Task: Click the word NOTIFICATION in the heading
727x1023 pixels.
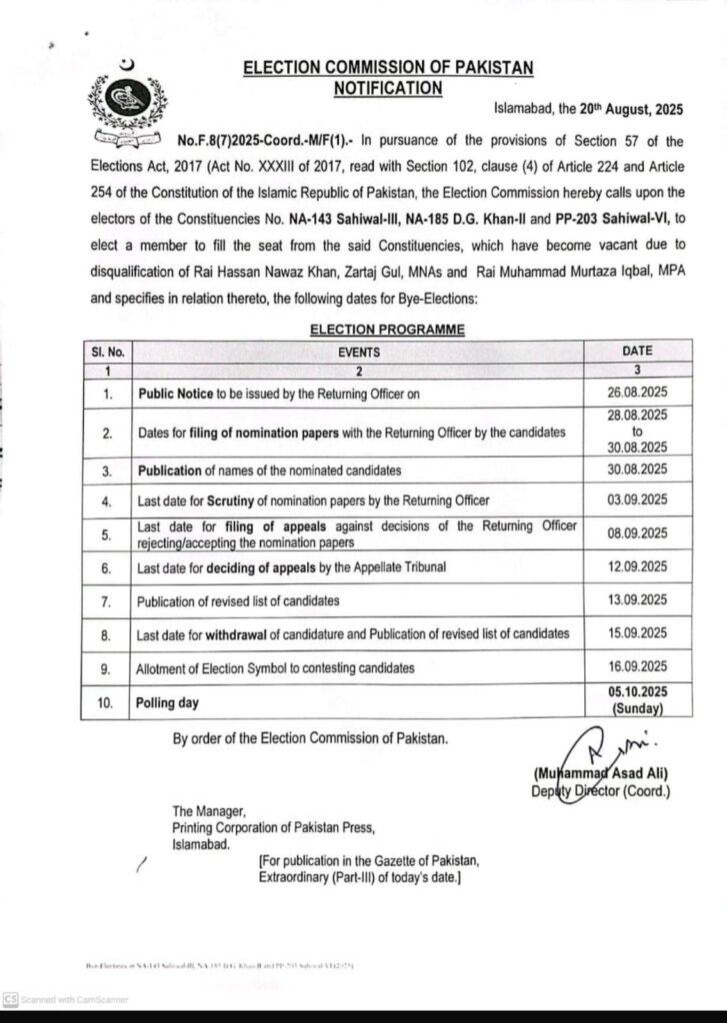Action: pos(388,88)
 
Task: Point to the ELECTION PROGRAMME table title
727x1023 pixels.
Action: pos(387,328)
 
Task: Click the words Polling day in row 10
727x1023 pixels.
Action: pos(168,702)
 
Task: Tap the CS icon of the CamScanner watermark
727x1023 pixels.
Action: pos(9,998)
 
